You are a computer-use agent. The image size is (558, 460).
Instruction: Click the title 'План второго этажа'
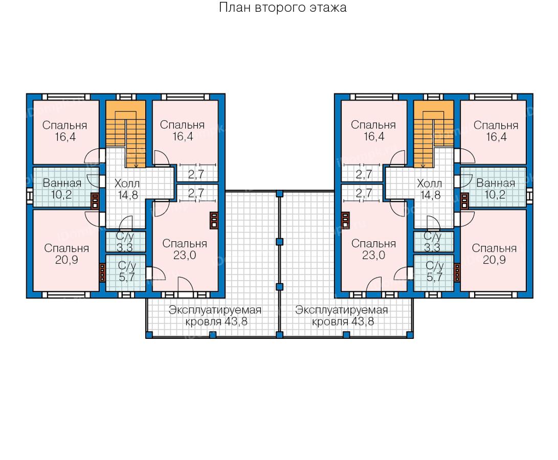pos(282,8)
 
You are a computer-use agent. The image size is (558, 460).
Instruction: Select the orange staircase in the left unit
pos(126,134)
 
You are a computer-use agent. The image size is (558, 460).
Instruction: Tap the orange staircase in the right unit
pos(433,134)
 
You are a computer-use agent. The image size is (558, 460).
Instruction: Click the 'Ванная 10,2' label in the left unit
pos(62,189)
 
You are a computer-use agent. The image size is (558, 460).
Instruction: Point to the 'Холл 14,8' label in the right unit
pos(430,189)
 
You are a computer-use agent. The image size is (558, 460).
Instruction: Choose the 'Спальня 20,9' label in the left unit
pos(66,254)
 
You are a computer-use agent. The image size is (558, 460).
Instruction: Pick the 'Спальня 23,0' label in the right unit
pos(374,249)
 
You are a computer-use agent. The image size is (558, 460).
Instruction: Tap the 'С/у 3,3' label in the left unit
pos(125,242)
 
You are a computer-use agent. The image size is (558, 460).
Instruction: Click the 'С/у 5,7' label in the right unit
pos(435,271)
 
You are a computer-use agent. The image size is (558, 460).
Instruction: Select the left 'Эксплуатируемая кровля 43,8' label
pos(215,315)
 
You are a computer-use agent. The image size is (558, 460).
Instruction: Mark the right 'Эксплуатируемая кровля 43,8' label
pos(342,315)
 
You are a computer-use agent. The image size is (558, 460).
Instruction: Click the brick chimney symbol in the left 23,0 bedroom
pos(213,221)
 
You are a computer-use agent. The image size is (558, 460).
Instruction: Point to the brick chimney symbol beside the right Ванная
pos(464,201)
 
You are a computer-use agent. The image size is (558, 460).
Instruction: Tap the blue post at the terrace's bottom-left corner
pos(149,334)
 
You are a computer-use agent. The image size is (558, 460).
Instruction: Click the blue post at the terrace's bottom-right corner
pos(410,334)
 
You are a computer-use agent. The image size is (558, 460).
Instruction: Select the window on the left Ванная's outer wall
pos(30,196)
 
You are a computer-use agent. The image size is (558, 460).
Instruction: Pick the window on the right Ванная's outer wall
pos(530,196)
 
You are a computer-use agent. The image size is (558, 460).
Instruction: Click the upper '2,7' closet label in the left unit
pos(196,174)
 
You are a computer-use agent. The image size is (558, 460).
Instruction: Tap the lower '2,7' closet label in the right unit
pos(364,193)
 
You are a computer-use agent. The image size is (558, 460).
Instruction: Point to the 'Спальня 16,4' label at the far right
pos(496,131)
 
